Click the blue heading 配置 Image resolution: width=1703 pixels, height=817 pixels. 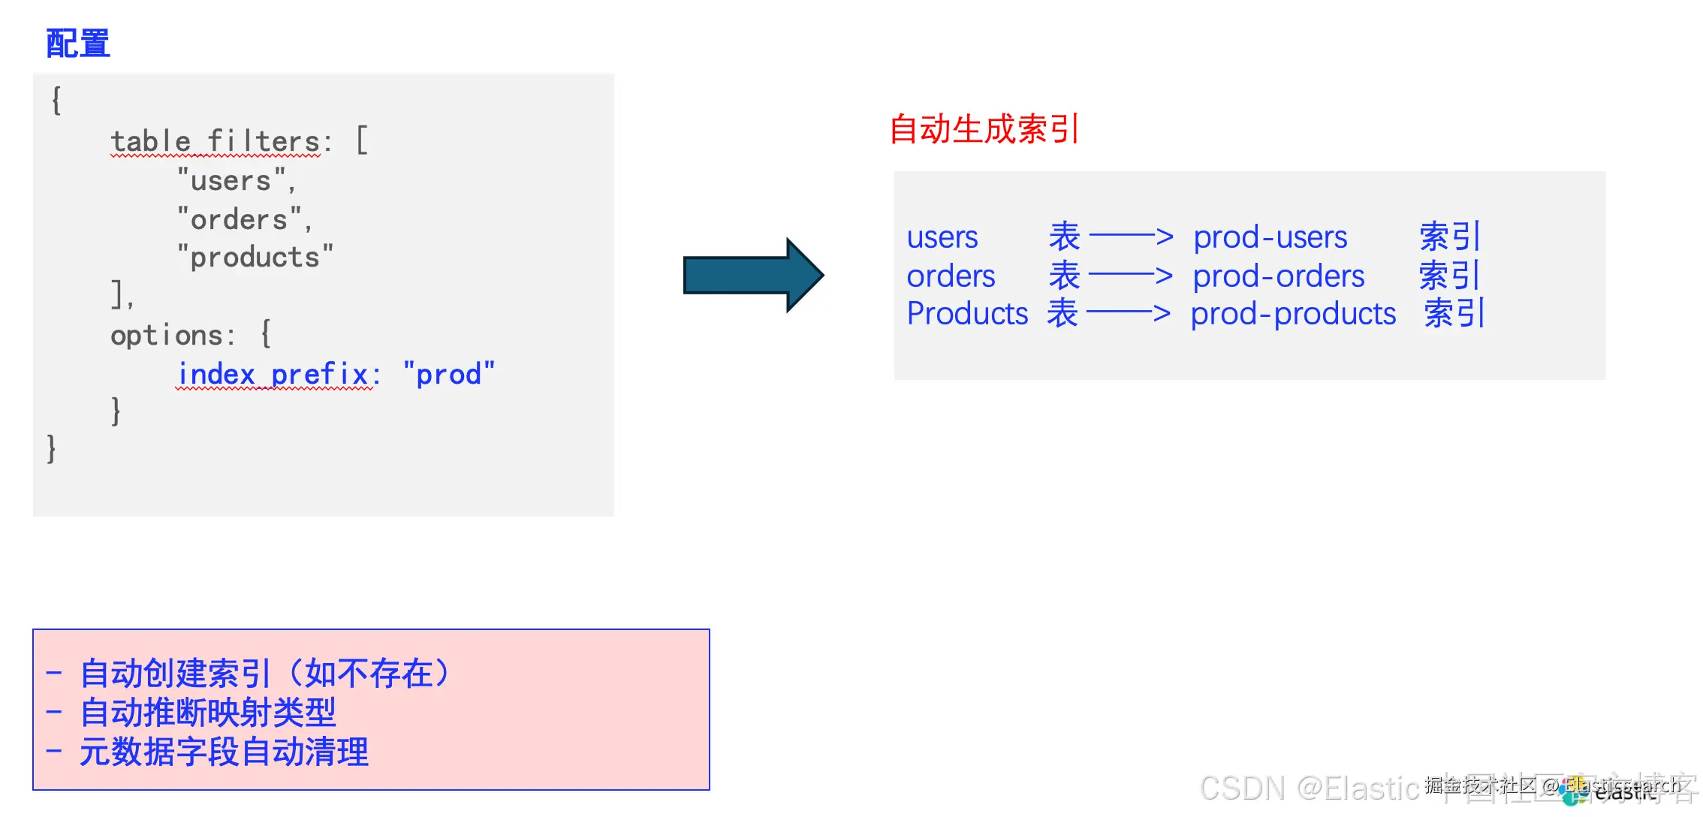[78, 44]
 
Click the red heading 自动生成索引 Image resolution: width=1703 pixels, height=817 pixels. [984, 129]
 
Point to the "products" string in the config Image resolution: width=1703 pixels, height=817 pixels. [255, 258]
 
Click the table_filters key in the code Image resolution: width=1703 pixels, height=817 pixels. [216, 141]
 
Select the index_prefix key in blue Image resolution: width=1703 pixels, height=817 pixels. [274, 374]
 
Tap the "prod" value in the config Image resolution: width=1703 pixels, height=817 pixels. [449, 374]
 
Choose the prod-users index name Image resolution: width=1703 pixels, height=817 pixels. [1270, 237]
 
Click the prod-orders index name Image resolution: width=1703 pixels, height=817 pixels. [1279, 276]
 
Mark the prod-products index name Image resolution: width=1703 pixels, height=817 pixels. [1293, 314]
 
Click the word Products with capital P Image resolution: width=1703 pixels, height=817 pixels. [967, 314]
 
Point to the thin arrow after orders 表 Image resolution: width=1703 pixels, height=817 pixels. [1130, 276]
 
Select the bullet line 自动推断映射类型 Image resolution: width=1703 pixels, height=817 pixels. [208, 713]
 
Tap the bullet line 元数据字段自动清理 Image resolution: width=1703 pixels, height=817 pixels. [224, 752]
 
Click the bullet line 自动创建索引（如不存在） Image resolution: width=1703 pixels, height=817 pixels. [264, 674]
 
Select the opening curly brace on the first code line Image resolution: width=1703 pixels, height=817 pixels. [56, 100]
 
